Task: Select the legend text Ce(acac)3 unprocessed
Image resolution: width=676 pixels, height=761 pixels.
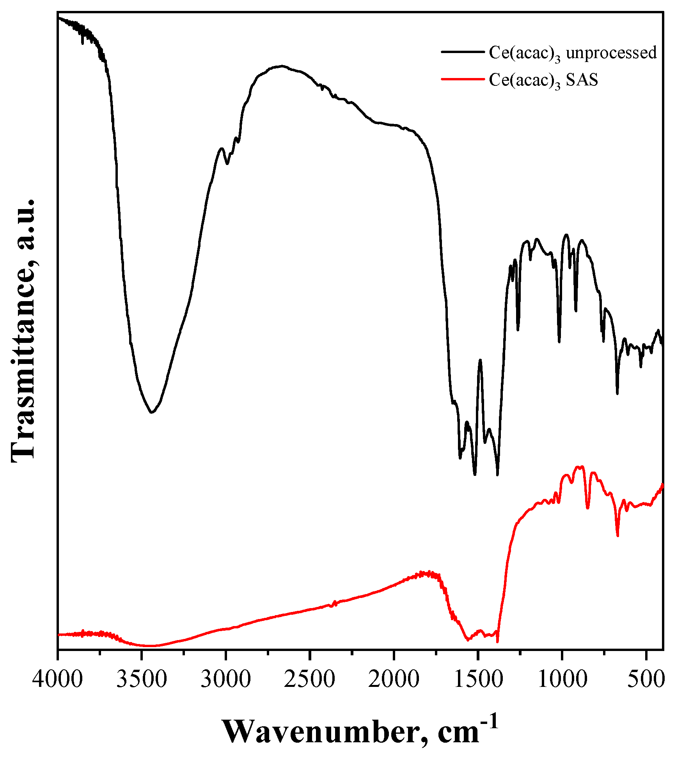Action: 573,53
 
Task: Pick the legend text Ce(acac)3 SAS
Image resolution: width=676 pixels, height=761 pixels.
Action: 543,80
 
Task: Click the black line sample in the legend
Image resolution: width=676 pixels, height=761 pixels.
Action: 463,51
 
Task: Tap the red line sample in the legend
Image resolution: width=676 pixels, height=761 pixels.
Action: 463,79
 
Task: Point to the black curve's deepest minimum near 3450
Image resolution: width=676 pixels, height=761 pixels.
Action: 152,412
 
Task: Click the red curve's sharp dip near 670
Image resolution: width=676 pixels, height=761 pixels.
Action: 617,536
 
